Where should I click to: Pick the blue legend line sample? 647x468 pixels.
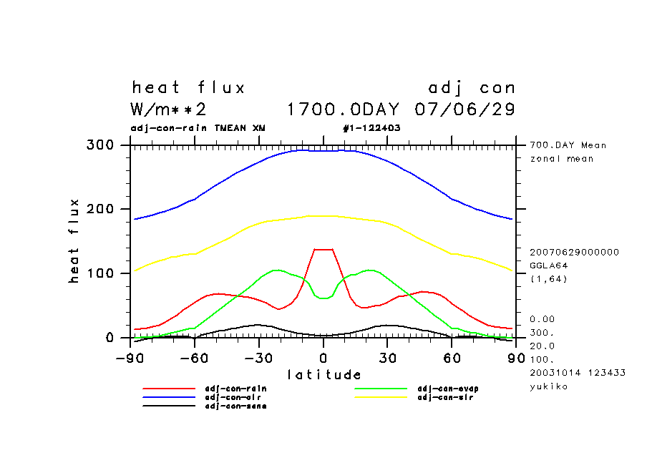pyautogui.click(x=169, y=397)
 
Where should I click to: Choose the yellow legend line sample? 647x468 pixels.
pyautogui.click(x=381, y=397)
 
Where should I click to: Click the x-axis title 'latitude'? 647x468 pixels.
pyautogui.click(x=324, y=374)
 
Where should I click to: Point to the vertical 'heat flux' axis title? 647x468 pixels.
pyautogui.click(x=74, y=241)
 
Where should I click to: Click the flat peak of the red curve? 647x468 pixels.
pyautogui.click(x=323, y=249)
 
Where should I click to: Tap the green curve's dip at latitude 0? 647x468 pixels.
pyautogui.click(x=323, y=298)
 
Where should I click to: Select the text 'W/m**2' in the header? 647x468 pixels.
pyautogui.click(x=169, y=110)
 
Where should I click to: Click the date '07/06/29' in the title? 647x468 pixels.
pyautogui.click(x=465, y=110)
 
